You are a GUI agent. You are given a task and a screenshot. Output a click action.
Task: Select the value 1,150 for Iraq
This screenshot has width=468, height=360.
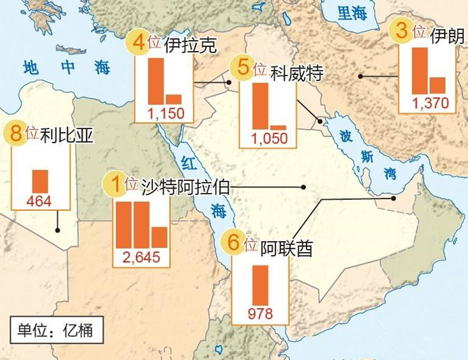[166, 114]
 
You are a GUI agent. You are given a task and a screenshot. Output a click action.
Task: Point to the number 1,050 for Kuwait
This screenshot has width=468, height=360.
[269, 139]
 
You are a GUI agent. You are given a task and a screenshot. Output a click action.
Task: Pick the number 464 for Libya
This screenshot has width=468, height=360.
[39, 201]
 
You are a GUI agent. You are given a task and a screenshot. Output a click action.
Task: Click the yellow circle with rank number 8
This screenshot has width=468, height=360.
[15, 134]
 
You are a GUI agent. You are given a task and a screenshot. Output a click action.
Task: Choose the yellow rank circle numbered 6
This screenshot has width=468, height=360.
[233, 243]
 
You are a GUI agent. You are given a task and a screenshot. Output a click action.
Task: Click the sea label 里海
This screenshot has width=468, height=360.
[352, 13]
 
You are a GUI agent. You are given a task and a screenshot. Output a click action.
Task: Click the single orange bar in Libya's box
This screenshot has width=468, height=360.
[40, 181]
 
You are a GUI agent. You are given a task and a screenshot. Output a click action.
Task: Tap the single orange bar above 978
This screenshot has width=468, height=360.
[260, 285]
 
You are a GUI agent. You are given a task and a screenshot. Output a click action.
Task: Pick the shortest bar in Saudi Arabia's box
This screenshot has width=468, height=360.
[159, 237]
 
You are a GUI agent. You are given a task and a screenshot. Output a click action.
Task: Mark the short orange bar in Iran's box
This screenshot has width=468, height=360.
[437, 85]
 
